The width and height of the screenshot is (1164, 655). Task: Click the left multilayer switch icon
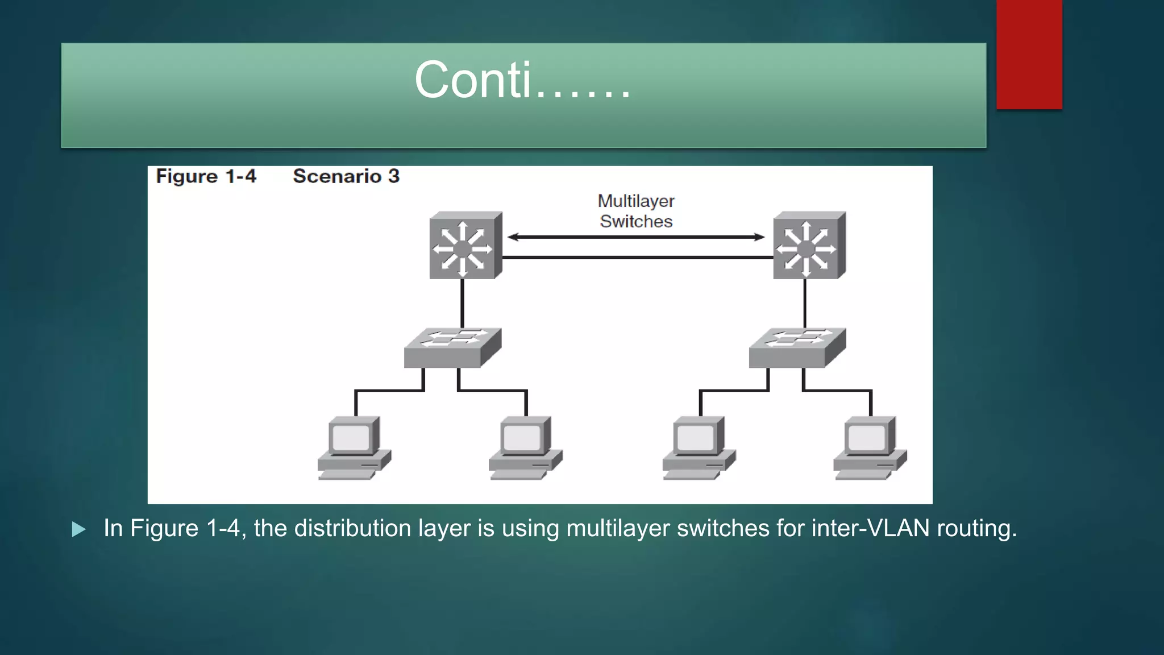[465, 246]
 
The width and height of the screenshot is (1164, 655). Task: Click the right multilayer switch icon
[809, 246]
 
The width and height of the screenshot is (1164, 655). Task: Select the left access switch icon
[452, 347]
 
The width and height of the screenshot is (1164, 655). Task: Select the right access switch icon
[797, 347]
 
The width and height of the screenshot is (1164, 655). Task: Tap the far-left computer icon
[354, 448]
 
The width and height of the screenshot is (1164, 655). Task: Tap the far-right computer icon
[870, 448]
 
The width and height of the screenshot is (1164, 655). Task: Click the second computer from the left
[525, 448]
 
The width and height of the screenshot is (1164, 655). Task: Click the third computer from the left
[699, 448]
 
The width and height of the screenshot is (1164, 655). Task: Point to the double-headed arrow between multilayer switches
[636, 237]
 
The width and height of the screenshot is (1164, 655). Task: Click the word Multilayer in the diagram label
[636, 201]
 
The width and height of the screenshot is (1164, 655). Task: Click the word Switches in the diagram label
[636, 221]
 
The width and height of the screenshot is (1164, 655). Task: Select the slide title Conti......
[522, 80]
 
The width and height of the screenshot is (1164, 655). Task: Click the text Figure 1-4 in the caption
[206, 176]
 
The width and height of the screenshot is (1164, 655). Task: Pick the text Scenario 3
[346, 176]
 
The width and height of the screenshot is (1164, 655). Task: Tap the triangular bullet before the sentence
[79, 530]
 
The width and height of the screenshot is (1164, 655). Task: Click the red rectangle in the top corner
[1029, 54]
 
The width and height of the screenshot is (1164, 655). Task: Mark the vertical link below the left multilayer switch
[463, 303]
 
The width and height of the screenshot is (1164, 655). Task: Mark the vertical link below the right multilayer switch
[805, 303]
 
